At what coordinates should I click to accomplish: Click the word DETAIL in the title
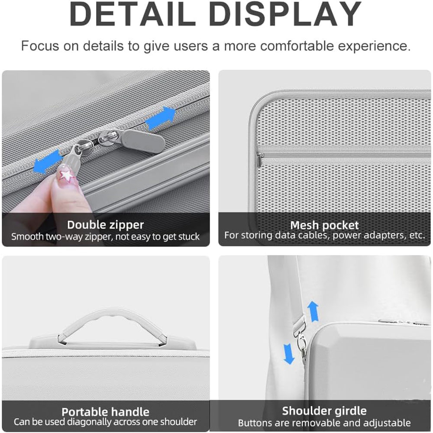(129, 14)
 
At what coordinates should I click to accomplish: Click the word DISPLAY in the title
(285, 14)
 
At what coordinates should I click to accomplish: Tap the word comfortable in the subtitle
(297, 46)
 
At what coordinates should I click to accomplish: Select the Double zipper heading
(106, 225)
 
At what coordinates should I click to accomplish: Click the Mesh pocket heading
(324, 225)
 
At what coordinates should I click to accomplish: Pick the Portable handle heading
(106, 412)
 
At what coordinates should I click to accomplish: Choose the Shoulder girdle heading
(324, 411)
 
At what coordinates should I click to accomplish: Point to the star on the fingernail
(66, 175)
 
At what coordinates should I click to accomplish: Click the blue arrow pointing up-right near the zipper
(161, 118)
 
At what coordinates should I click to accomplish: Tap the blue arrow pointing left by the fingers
(47, 162)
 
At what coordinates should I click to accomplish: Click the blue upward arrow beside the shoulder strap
(313, 311)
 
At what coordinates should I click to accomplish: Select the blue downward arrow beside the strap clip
(289, 354)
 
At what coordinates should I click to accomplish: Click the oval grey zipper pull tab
(143, 141)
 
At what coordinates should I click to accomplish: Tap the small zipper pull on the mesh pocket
(260, 160)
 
